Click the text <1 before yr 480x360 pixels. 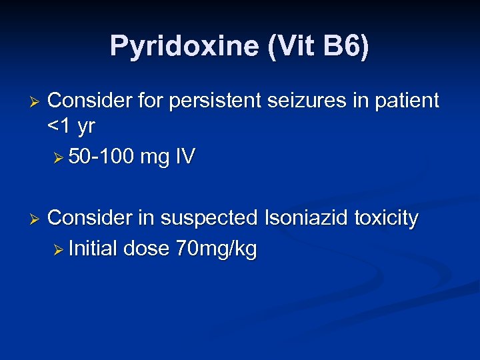(x=60, y=125)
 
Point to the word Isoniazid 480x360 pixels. (x=309, y=218)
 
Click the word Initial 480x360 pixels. (x=93, y=249)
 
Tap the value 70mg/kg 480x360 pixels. (x=217, y=249)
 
